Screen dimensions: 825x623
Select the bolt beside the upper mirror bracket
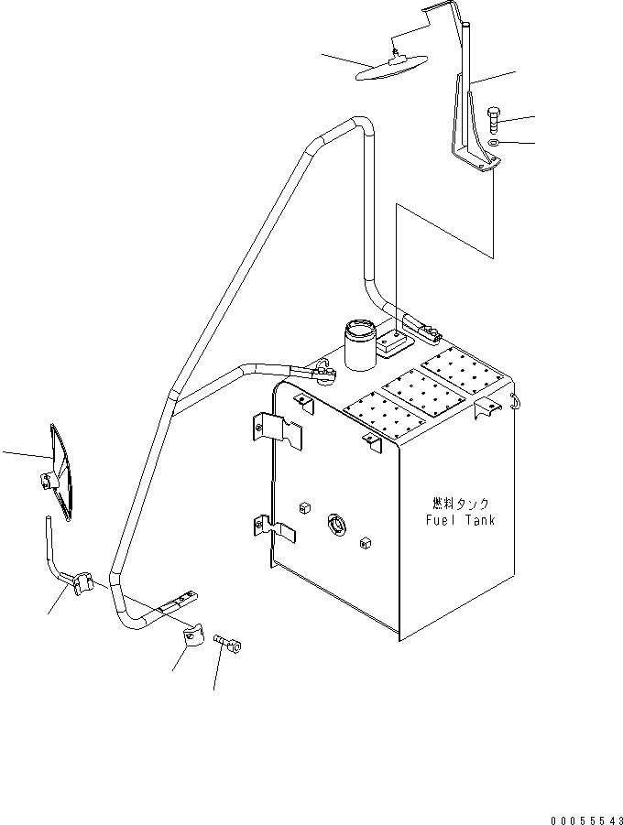[x=493, y=120]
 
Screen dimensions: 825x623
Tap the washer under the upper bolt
[x=494, y=143]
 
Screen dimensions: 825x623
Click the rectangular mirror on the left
[x=60, y=472]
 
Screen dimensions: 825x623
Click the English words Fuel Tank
[x=460, y=520]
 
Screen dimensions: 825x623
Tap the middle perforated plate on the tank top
[x=420, y=390]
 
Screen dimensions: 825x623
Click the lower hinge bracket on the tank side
[x=276, y=528]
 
